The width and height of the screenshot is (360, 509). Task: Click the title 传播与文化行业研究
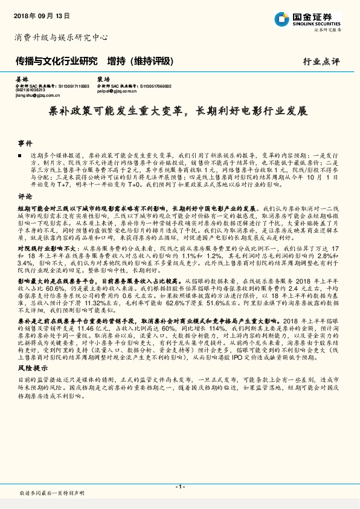coord(56,61)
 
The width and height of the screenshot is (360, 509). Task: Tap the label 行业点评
coord(321,62)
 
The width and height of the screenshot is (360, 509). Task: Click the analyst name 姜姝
coord(21,79)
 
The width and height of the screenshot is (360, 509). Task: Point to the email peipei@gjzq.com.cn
coord(117,91)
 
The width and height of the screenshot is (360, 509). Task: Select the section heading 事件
coord(25,143)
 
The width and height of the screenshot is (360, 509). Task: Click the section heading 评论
coord(25,196)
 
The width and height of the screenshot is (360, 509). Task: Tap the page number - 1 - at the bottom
coord(179,487)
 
